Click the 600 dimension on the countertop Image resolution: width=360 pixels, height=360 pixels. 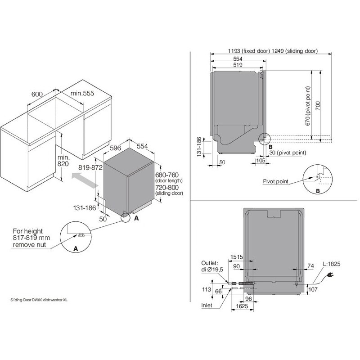click(37, 94)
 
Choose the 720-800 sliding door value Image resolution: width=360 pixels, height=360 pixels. click(166, 187)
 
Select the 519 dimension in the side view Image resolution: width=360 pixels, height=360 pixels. click(239, 65)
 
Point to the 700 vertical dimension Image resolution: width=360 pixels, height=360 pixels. click(318, 106)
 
